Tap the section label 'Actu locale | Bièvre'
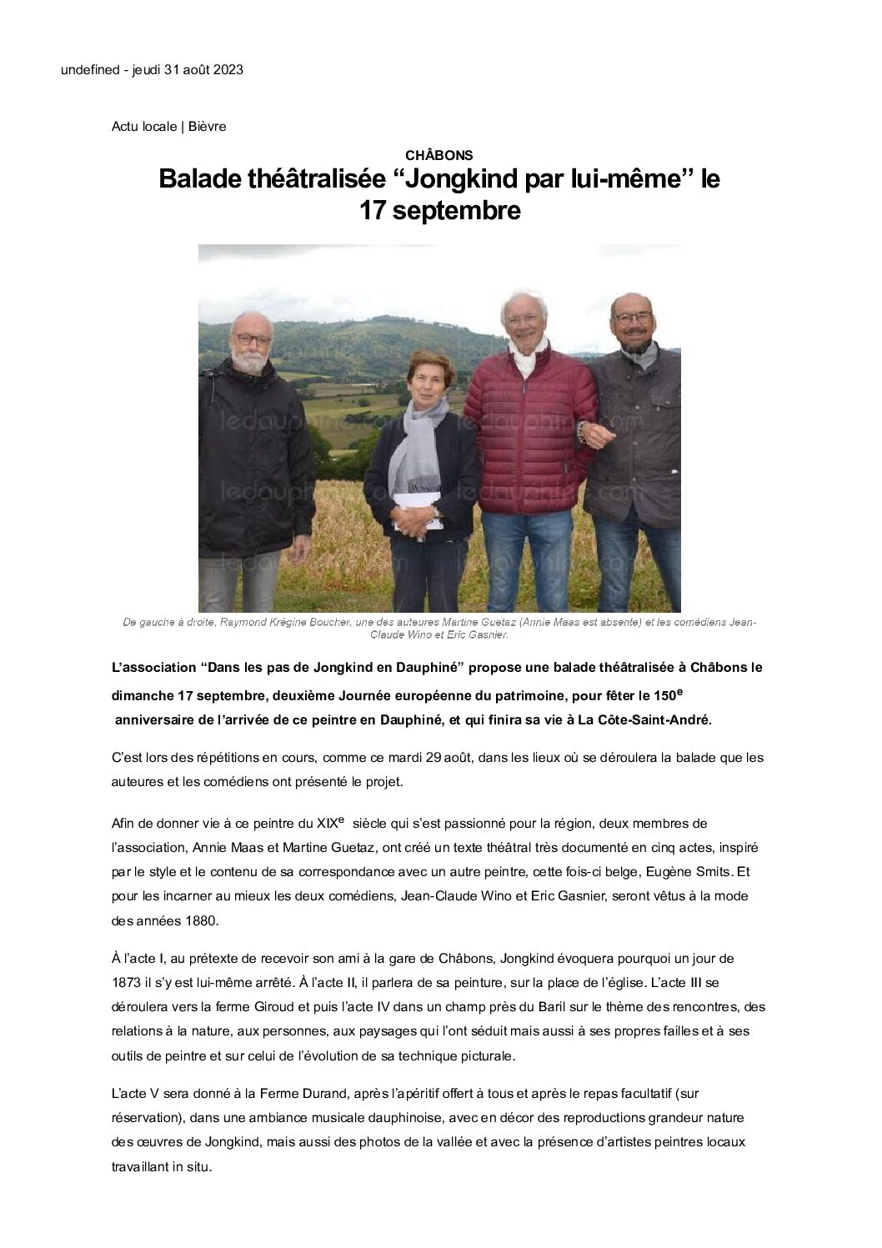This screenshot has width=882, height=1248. (x=169, y=127)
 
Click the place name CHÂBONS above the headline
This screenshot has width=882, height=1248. (x=439, y=155)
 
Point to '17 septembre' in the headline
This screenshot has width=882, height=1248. (x=439, y=211)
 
